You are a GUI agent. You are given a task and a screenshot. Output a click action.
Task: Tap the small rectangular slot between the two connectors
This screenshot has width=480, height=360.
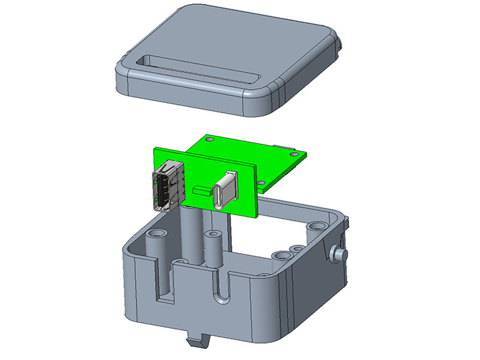click(x=202, y=190)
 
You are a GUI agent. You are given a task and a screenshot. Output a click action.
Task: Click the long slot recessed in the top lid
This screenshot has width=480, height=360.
click(x=192, y=69)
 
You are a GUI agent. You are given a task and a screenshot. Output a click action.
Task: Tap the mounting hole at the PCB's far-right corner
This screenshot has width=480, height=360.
click(x=296, y=155)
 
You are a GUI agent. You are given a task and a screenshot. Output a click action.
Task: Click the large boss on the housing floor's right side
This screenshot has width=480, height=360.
click(x=283, y=255)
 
